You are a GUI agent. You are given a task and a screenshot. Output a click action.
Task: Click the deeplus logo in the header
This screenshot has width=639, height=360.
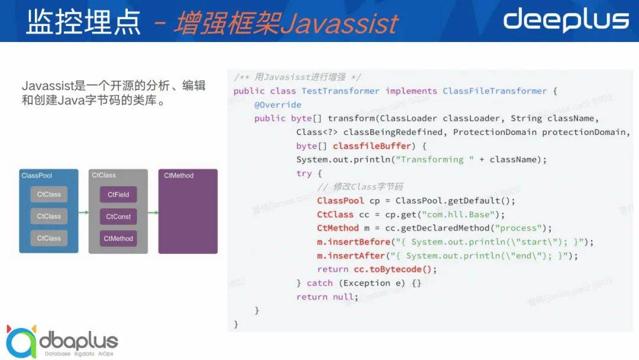(x=566, y=20)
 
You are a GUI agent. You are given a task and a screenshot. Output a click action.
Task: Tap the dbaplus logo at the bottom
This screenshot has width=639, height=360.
(x=62, y=342)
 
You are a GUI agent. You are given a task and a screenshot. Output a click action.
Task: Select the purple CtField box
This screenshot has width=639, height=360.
(x=118, y=194)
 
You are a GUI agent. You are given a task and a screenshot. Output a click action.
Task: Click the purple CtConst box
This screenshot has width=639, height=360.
(x=118, y=217)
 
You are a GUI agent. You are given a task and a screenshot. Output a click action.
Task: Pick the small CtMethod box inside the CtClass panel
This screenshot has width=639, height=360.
(x=118, y=239)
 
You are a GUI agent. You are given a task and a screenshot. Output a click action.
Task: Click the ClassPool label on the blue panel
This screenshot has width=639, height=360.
(x=37, y=175)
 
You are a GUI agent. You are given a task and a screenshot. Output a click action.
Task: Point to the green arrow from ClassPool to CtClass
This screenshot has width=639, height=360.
(x=83, y=212)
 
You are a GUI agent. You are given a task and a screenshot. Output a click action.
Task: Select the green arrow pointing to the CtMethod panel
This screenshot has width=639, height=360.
(x=153, y=212)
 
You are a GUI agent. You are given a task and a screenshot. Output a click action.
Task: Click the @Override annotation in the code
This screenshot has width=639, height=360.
(x=277, y=105)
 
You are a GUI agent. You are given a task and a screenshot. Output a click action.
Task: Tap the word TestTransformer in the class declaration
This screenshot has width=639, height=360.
(x=340, y=91)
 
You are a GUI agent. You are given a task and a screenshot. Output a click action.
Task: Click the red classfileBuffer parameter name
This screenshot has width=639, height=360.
(x=372, y=146)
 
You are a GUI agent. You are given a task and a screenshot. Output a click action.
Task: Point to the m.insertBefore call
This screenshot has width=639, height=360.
(x=353, y=242)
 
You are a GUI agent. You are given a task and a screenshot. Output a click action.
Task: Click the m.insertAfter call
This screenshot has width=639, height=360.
(x=351, y=256)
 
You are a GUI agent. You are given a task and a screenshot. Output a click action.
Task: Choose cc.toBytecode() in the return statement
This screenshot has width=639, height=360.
(x=392, y=269)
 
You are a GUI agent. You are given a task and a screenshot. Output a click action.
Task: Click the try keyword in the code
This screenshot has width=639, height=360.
(x=304, y=173)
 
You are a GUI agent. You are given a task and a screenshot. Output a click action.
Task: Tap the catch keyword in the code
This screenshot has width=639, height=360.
(x=319, y=283)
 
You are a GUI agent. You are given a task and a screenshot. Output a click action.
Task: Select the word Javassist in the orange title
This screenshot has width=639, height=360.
(x=339, y=23)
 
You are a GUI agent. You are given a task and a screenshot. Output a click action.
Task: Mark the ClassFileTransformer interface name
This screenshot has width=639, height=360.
(x=495, y=91)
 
